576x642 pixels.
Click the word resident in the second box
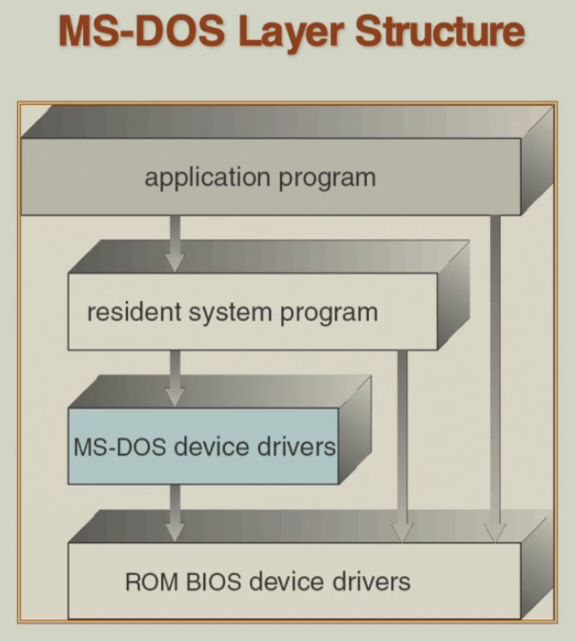132,312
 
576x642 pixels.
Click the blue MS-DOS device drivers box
203,446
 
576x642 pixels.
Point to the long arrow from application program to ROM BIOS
494,380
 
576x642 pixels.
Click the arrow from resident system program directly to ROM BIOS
403,444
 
